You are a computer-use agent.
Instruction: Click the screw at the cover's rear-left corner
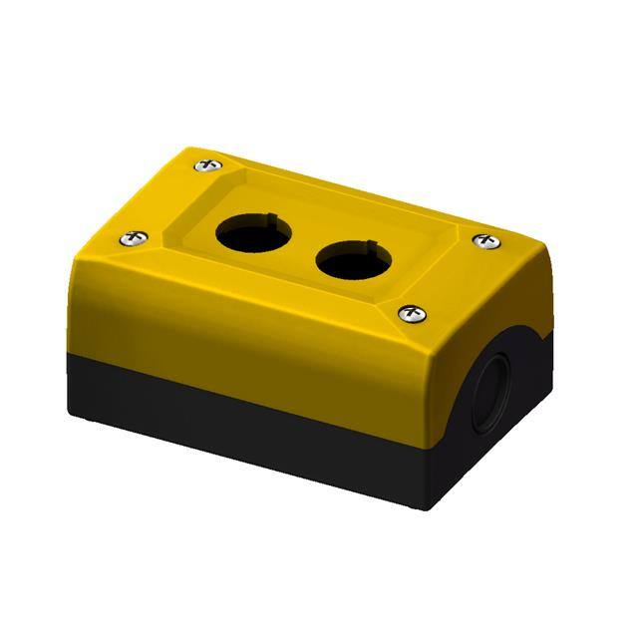point(206,163)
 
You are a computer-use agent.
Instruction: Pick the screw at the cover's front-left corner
point(136,238)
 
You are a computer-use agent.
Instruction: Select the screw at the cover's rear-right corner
point(485,241)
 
